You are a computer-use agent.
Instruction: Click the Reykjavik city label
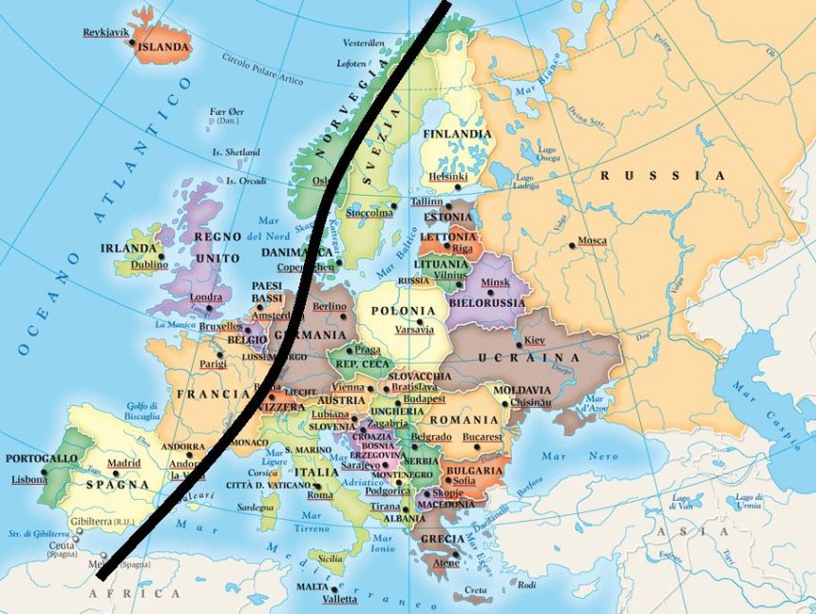[x=105, y=32]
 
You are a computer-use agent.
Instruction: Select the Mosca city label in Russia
[x=592, y=240]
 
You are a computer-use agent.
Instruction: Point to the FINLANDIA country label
[x=457, y=134]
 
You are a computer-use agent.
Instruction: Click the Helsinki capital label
[x=447, y=177]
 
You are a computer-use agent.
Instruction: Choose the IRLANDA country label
[x=128, y=248]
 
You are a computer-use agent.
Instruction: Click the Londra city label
[x=206, y=297]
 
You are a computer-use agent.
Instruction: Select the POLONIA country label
[x=403, y=311]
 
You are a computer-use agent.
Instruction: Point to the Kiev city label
[x=535, y=340]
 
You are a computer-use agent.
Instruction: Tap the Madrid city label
[x=123, y=463]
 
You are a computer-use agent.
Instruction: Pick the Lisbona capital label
[x=28, y=479]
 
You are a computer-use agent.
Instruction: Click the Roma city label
[x=320, y=494]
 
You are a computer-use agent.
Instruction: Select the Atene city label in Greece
[x=446, y=563]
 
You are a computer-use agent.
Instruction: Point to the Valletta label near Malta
[x=340, y=599]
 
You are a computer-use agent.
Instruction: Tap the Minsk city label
[x=495, y=282]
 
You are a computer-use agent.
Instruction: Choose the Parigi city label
[x=213, y=363]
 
